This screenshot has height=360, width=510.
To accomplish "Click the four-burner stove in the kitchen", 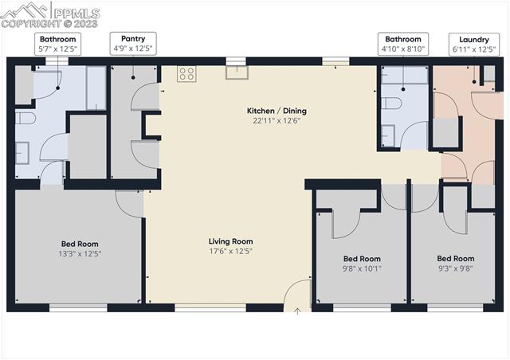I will pyautogui.click(x=186, y=74).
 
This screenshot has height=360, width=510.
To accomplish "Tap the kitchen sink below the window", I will pyautogui.click(x=236, y=73).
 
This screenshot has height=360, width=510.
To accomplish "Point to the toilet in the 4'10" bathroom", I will pyautogui.click(x=390, y=103).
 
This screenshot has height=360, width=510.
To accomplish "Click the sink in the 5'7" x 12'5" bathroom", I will pyautogui.click(x=22, y=151).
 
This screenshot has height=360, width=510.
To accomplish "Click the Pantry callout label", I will pyautogui.click(x=132, y=43).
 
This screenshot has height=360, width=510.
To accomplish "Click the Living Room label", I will pyautogui.click(x=230, y=241).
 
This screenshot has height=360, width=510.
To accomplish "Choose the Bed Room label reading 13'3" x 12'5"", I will pyautogui.click(x=80, y=248).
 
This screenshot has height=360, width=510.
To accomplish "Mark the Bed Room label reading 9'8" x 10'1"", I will pyautogui.click(x=362, y=264).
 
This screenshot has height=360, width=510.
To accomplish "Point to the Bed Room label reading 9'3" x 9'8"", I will pyautogui.click(x=455, y=264).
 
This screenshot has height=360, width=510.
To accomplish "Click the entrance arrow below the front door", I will pyautogui.click(x=297, y=311).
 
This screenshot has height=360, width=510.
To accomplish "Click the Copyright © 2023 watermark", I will pyautogui.click(x=49, y=24).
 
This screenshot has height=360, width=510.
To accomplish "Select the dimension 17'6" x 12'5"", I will pyautogui.click(x=230, y=252).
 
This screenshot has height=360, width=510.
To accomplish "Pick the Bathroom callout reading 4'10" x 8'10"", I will pyautogui.click(x=402, y=43).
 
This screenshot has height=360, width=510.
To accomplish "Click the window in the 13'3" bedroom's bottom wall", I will pyautogui.click(x=78, y=307).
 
